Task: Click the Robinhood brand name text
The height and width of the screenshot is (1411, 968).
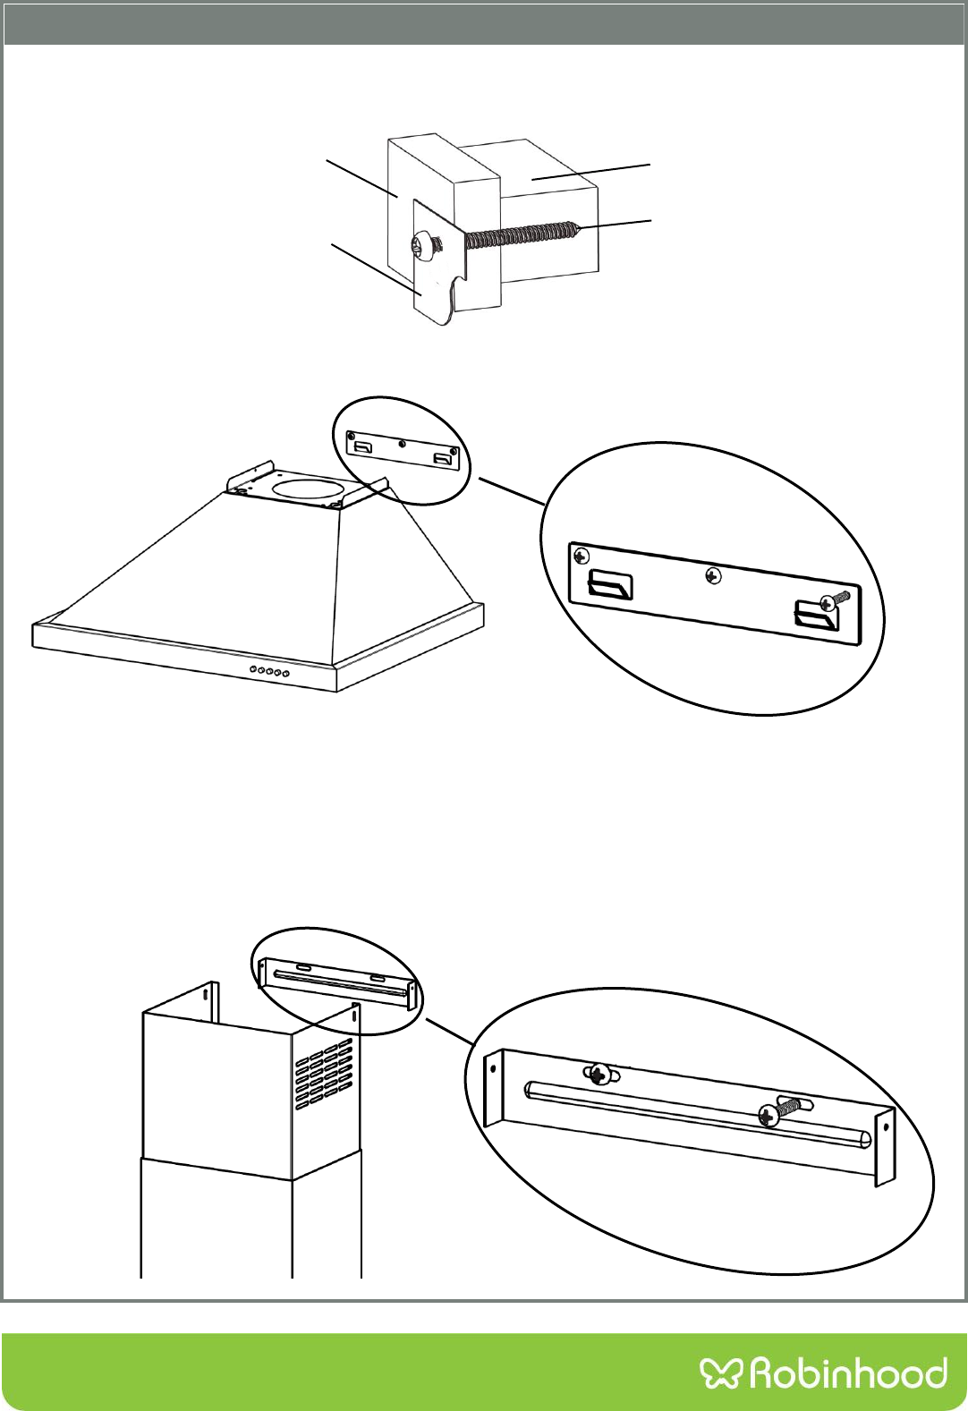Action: (847, 1372)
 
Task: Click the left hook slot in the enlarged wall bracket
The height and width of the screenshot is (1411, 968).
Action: (610, 589)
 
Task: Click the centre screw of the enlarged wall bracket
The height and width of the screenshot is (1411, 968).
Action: (712, 576)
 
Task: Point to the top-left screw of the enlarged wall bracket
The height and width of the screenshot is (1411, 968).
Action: (582, 557)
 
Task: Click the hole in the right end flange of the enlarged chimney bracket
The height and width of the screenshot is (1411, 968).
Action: (884, 1126)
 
